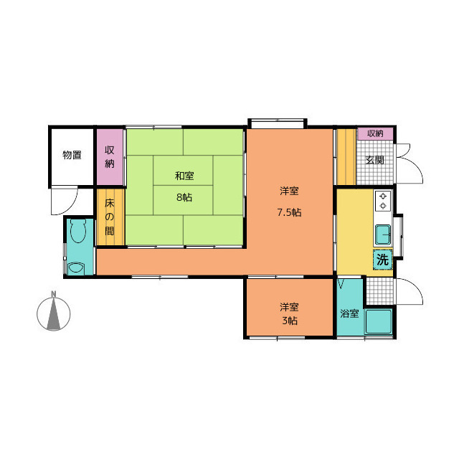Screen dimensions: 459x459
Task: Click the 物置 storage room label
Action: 72,155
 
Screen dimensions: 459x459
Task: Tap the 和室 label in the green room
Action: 184,176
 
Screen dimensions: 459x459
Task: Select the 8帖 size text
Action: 184,197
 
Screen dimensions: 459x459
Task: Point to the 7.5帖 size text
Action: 289,212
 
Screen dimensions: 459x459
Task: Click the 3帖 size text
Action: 290,321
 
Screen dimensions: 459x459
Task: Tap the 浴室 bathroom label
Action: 349,313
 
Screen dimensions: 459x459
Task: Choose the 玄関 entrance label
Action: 374,160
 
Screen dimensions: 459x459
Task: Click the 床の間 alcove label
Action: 110,217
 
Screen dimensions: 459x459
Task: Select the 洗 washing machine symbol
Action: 382,260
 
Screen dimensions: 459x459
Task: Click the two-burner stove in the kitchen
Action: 383,201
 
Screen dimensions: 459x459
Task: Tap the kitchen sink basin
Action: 383,235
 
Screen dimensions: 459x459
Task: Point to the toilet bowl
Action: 78,230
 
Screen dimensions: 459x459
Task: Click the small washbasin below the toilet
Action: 76,268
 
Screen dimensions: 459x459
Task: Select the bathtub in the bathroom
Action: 379,321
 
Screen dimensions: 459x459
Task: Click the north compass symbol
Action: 54,314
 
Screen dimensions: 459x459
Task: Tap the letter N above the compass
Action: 54,294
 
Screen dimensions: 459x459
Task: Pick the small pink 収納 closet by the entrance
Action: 375,134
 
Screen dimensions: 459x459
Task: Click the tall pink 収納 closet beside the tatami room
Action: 110,157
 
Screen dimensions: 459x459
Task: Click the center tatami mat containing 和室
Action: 184,171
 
